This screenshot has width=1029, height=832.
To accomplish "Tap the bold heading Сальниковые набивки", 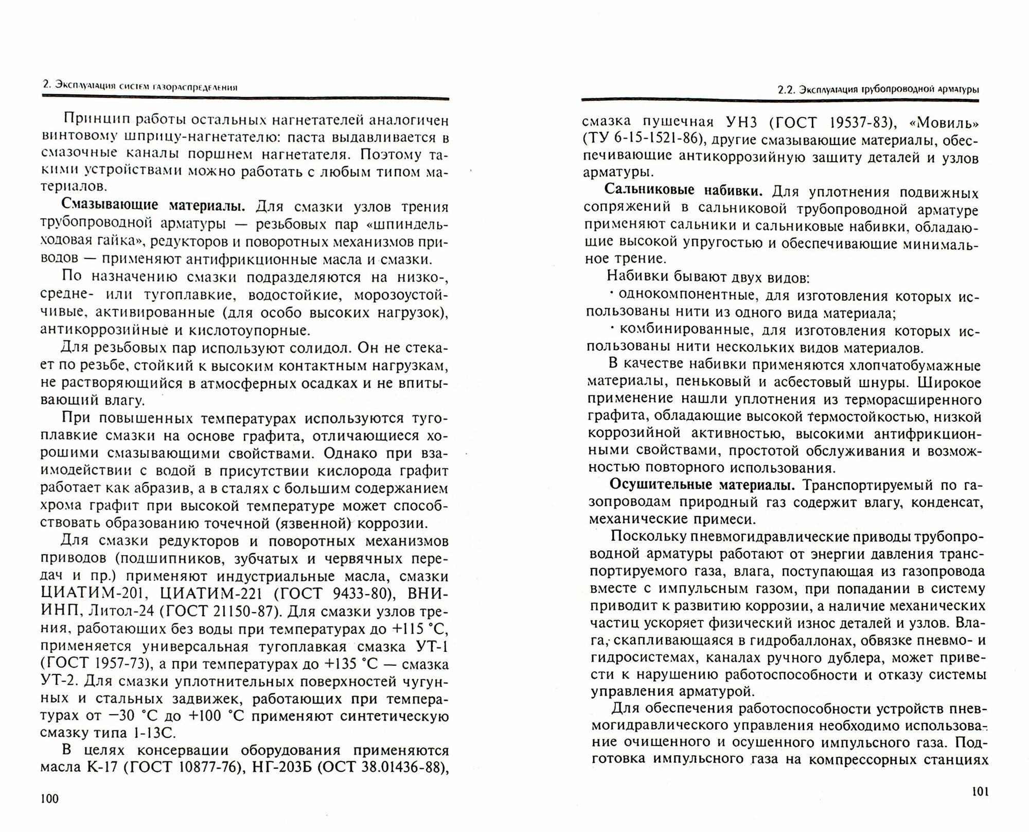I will coord(683,190).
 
